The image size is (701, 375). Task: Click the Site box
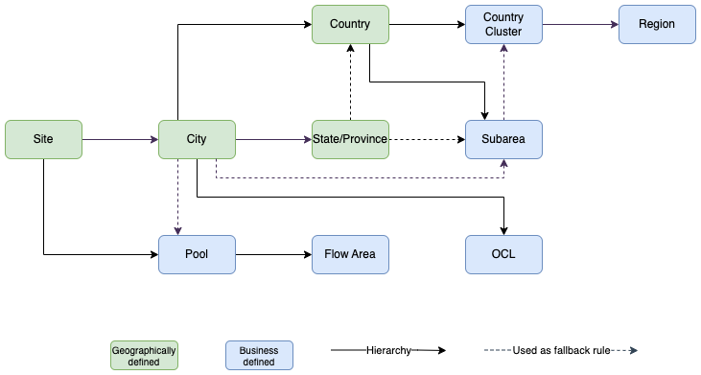(x=43, y=139)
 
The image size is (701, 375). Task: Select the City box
(x=197, y=139)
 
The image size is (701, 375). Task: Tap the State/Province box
(x=350, y=139)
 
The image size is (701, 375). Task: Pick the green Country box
(x=350, y=24)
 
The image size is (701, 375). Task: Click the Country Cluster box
(x=503, y=24)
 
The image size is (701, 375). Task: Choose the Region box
(x=657, y=24)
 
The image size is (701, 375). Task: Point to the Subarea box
(x=503, y=139)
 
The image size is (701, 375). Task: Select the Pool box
(x=197, y=254)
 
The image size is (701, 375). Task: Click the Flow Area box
(x=350, y=254)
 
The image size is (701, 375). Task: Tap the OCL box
(x=503, y=254)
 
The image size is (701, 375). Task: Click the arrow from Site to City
(x=120, y=139)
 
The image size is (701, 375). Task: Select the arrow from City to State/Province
(x=273, y=139)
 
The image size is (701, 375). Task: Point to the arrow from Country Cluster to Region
(x=580, y=24)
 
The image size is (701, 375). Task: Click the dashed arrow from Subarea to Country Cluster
(x=503, y=82)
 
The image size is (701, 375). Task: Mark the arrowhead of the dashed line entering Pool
(x=177, y=230)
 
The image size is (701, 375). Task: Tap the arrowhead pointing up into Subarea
(x=503, y=163)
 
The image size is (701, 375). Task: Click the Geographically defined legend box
(x=144, y=355)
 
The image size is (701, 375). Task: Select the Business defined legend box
(x=259, y=355)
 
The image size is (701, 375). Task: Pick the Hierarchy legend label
(x=388, y=351)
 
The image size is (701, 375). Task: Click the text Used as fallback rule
(x=561, y=351)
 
